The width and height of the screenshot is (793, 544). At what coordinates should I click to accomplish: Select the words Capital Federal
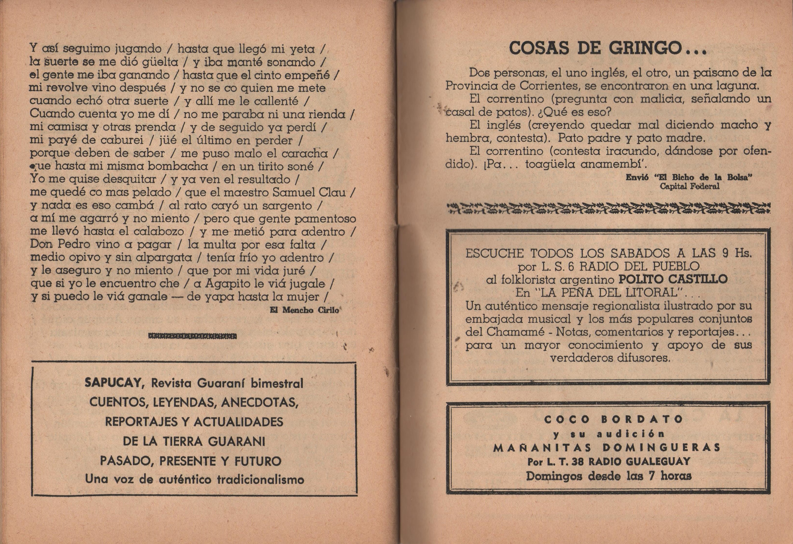click(x=689, y=186)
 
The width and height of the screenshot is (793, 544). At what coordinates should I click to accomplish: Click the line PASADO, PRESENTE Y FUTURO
click(x=191, y=461)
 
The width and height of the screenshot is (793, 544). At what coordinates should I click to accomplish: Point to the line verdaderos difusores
click(x=610, y=358)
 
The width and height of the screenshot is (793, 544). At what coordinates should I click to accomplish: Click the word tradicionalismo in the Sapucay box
click(x=260, y=479)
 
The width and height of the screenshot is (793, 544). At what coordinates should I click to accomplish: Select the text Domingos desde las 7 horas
click(x=609, y=476)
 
